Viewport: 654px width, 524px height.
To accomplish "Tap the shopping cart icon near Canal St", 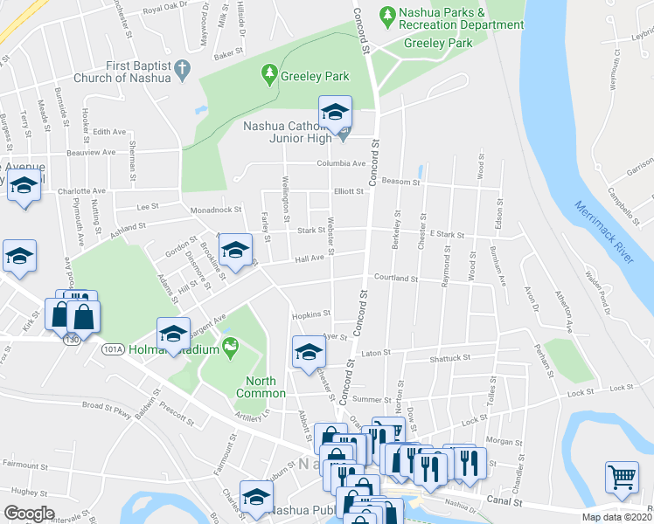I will [x=622, y=478].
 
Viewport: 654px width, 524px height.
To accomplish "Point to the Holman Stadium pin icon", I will [x=230, y=348].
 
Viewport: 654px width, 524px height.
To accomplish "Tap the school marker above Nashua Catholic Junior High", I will [x=334, y=112].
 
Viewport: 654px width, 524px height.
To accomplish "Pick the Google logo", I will [x=30, y=514].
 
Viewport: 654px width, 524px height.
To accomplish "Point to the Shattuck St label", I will [x=449, y=358].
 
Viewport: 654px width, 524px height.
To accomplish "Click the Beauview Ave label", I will [x=97, y=151].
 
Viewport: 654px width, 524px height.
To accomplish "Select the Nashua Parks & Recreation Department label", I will [x=462, y=19].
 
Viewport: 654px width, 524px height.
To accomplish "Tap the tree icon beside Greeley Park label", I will [x=269, y=74].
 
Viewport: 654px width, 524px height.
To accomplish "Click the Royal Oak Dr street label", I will [x=165, y=9].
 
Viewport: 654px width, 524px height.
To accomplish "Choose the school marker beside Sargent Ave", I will [x=173, y=334].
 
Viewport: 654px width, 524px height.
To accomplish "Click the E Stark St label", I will [x=446, y=235].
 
